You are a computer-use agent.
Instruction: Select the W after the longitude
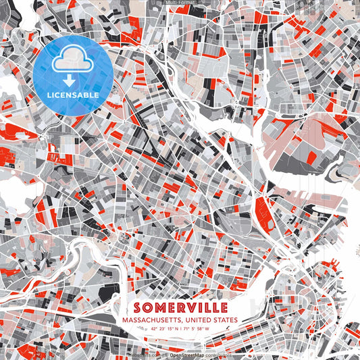pos(208,330)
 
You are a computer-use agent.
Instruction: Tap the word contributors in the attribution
pos(218,354)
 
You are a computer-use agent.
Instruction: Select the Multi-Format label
pos(180,3)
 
